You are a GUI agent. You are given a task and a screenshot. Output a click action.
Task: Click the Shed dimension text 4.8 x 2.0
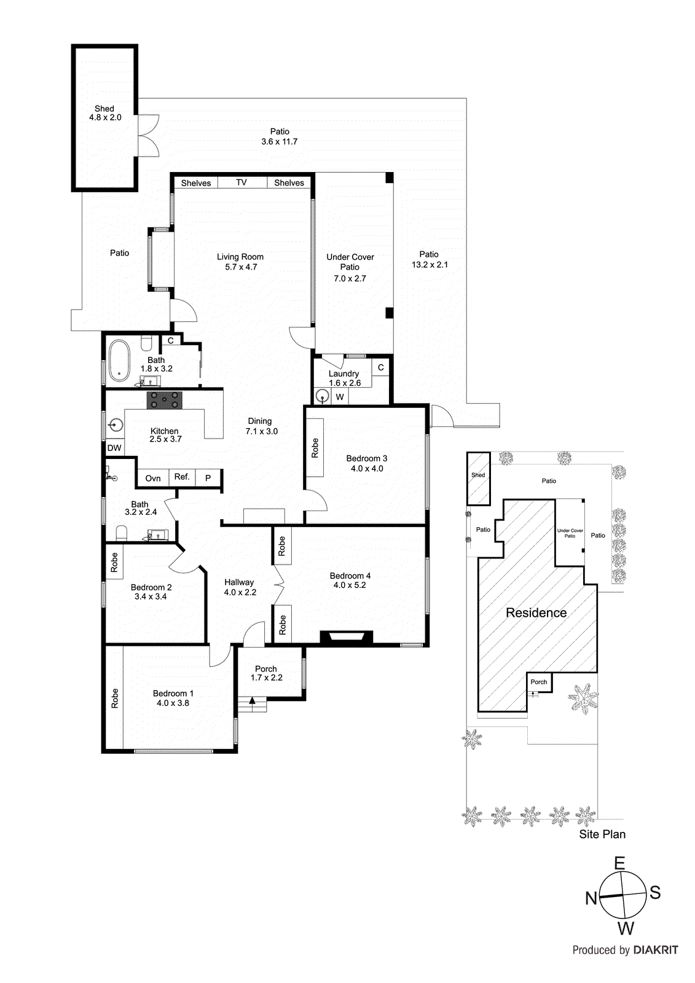pyautogui.click(x=105, y=117)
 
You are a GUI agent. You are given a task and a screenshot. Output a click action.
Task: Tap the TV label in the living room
pyautogui.click(x=241, y=182)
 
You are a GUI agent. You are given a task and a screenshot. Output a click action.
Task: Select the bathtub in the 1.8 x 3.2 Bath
pyautogui.click(x=119, y=361)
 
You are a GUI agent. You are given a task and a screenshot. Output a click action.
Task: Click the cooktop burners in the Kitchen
pyautogui.click(x=165, y=400)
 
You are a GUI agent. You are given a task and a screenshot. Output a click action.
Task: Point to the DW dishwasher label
pyautogui.click(x=114, y=448)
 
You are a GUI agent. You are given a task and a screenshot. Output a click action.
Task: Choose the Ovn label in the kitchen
pyautogui.click(x=153, y=479)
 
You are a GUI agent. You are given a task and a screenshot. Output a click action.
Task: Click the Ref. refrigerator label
pyautogui.click(x=182, y=477)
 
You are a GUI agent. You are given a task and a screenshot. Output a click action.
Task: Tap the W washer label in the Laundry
pyautogui.click(x=340, y=397)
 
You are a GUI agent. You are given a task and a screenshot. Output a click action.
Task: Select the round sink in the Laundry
pyautogui.click(x=323, y=396)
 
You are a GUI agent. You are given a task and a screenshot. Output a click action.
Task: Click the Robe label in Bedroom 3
pyautogui.click(x=315, y=448)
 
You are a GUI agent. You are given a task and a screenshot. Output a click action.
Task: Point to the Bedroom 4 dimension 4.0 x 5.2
pyautogui.click(x=350, y=585)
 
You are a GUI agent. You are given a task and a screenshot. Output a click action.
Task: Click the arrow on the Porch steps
pyautogui.click(x=252, y=700)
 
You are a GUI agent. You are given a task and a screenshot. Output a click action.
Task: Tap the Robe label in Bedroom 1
pyautogui.click(x=114, y=698)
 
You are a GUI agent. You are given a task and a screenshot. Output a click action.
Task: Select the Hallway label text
pyautogui.click(x=239, y=582)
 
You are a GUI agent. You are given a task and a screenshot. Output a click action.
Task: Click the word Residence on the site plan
pyautogui.click(x=536, y=613)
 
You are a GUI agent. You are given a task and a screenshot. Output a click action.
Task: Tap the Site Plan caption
pyautogui.click(x=602, y=834)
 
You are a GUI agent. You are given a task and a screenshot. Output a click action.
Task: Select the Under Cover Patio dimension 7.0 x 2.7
pyautogui.click(x=350, y=278)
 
